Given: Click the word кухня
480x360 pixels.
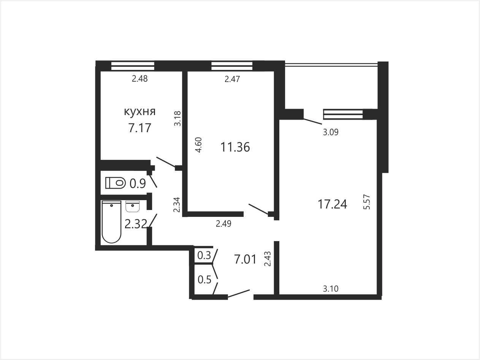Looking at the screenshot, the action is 140,112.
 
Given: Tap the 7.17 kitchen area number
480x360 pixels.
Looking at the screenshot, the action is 139,128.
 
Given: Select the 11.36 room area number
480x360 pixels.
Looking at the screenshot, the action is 235,147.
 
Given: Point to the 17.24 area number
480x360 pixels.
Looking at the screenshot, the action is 332,204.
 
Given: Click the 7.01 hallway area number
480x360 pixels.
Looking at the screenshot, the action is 245,259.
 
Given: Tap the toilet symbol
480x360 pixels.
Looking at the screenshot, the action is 115,183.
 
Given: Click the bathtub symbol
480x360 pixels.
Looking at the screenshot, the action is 111,222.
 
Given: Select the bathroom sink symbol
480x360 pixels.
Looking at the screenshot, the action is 133,207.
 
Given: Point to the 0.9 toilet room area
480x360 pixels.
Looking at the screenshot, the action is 138,183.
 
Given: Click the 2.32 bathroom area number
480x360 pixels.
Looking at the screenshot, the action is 135,224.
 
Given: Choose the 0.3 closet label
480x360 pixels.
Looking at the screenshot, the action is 204,255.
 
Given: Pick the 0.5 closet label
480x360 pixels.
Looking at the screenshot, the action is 204,280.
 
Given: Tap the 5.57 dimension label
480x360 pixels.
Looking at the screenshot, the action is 367,202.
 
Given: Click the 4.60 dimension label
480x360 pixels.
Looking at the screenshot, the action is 199,145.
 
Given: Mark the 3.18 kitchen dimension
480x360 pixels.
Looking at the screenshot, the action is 177,118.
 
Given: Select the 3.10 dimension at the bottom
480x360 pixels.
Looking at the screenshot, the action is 331,289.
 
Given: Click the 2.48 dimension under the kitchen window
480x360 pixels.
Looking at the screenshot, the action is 140,79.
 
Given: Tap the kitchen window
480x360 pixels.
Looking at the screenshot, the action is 133,66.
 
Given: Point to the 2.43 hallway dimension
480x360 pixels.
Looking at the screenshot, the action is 268,259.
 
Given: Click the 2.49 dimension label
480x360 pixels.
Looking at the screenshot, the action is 223,224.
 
